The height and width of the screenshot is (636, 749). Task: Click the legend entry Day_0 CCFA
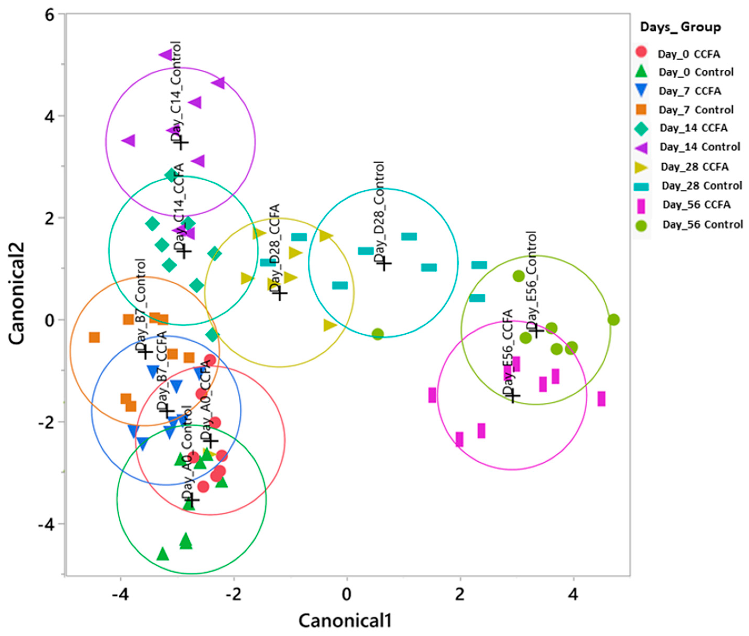tap(688, 54)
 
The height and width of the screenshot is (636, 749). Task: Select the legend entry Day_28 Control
tap(701, 186)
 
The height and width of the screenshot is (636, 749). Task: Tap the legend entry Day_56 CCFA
tap(696, 205)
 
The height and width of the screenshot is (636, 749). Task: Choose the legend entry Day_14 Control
tap(700, 147)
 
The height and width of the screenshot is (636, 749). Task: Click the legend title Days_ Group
tap(680, 27)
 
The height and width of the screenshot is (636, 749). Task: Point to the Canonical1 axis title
tap(345, 620)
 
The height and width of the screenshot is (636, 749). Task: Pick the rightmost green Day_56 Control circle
tap(613, 319)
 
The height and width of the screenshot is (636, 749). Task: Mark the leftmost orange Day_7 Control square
tap(94, 337)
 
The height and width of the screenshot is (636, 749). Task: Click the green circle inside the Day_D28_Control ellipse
tap(377, 334)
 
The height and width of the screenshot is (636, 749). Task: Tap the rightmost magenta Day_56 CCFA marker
tap(601, 399)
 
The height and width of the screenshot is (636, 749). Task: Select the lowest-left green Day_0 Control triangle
tap(163, 554)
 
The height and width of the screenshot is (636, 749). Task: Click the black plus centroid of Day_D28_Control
tap(385, 264)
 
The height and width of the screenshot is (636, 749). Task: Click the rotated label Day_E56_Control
tap(532, 279)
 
